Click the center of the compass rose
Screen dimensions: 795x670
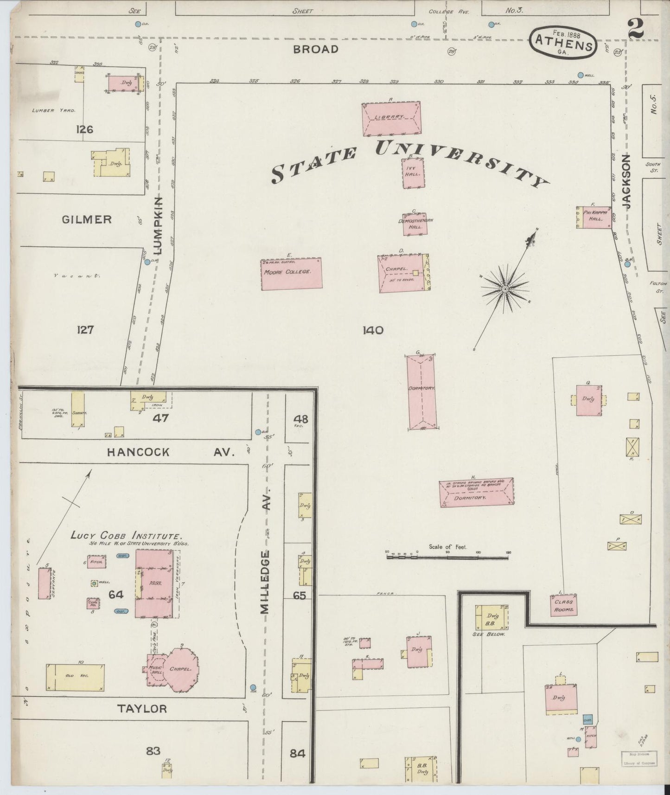coord(505,289)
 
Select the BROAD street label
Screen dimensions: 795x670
coord(316,49)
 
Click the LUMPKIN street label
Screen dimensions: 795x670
coord(158,225)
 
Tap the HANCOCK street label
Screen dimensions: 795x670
coord(138,452)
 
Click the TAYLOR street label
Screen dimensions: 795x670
coord(141,708)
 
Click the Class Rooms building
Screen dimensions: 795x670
coord(564,605)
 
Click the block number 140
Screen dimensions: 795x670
coord(373,330)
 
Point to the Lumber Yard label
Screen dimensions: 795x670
coord(50,110)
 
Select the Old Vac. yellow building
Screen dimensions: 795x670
coord(75,677)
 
